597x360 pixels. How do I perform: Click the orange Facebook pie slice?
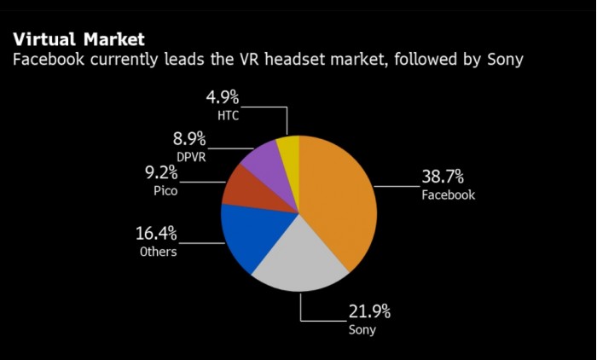[337, 196]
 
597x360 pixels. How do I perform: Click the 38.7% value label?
[442, 177]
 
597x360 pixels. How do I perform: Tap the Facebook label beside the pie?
[448, 195]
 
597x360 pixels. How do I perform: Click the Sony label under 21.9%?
[362, 329]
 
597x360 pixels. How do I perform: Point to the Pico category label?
[165, 191]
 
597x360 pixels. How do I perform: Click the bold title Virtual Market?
[78, 39]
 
